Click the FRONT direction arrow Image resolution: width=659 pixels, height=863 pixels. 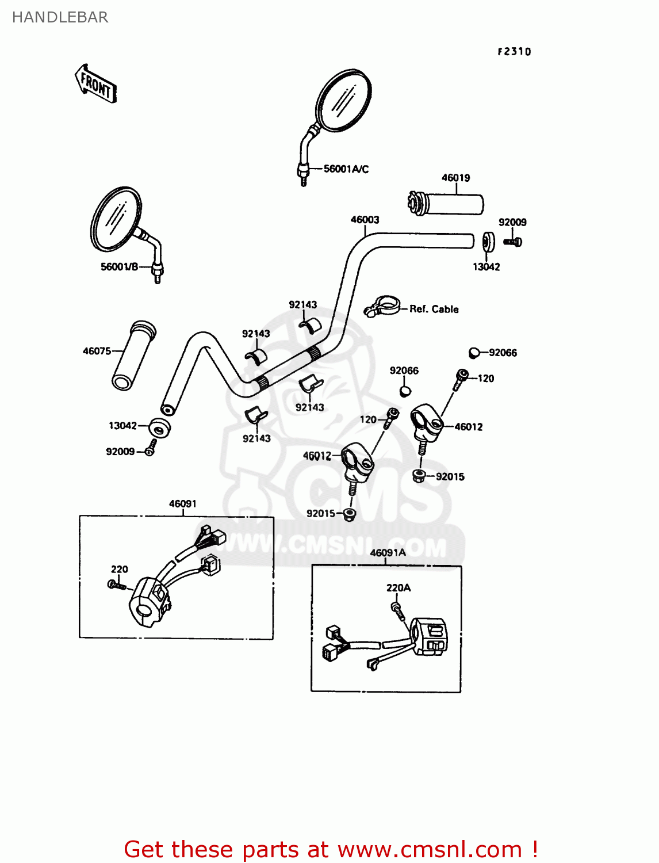click(95, 85)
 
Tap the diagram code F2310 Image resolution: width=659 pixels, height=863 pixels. click(514, 52)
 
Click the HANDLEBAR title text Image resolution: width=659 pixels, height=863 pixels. click(60, 17)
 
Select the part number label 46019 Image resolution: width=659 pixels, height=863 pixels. click(455, 178)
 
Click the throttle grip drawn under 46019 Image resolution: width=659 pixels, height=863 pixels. click(446, 204)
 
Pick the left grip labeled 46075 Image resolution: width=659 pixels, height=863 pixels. click(134, 356)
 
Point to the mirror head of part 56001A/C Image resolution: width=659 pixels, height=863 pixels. click(343, 101)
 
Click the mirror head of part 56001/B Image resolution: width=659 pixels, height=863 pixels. click(116, 219)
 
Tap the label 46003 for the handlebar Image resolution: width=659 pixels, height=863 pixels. click(365, 220)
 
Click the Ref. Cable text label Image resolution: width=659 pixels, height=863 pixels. click(434, 309)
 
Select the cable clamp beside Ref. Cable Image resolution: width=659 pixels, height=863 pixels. click(382, 306)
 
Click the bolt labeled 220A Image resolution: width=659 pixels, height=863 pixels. click(397, 609)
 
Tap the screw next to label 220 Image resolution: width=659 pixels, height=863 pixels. click(116, 585)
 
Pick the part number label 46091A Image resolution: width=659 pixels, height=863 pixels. click(388, 553)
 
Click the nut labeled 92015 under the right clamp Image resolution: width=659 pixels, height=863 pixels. click(420, 476)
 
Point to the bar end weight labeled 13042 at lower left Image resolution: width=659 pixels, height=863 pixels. click(159, 427)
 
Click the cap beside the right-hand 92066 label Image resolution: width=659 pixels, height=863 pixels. click(474, 353)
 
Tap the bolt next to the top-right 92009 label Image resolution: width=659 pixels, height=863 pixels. click(513, 242)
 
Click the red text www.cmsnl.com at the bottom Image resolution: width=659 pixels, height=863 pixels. click(430, 850)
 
